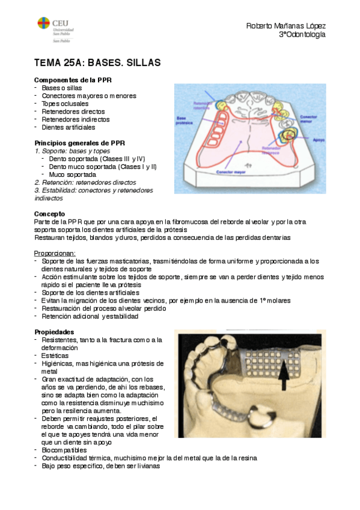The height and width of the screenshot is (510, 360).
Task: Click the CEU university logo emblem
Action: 44,24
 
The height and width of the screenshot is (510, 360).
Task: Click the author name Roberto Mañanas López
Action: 286,26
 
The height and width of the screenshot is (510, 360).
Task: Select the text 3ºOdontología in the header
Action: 302,35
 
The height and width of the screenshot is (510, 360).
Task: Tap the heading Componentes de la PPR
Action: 73,80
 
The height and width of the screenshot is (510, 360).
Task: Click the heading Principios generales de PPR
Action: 79,143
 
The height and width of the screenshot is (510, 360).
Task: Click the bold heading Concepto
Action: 50,214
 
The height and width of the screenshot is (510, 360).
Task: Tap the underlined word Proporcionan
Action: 55,253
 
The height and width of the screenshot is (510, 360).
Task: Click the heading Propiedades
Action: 55,332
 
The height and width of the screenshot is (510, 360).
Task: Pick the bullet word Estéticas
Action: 56,355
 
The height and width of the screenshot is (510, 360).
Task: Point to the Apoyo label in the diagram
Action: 319,140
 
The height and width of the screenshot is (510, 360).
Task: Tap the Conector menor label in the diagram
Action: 308,118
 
